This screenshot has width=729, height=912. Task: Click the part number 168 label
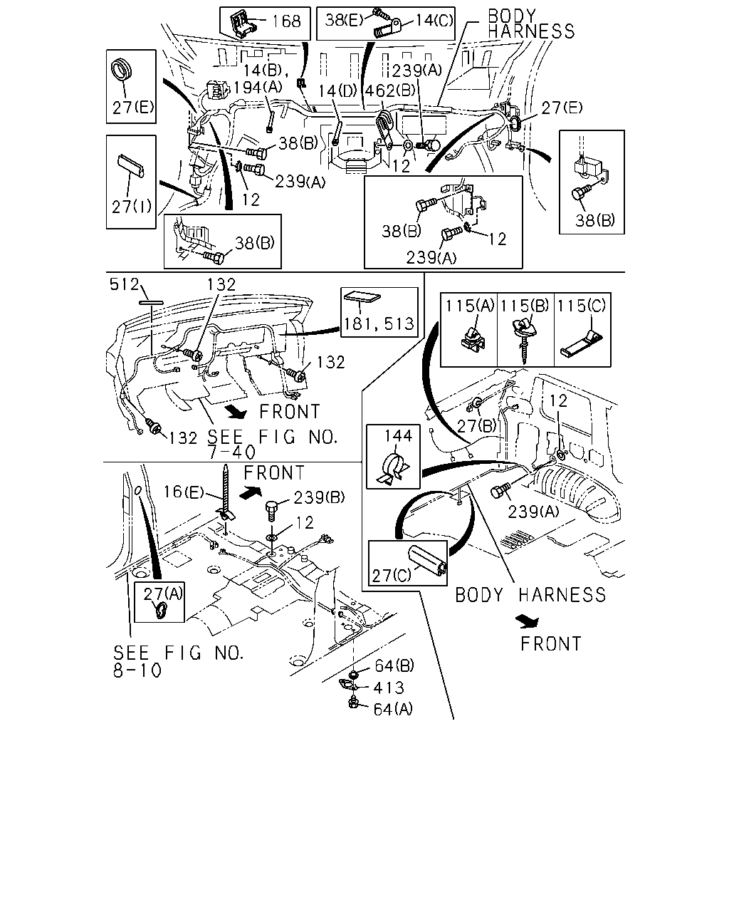point(286,21)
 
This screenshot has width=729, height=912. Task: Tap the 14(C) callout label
point(434,20)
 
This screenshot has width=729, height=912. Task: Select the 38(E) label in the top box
point(344,20)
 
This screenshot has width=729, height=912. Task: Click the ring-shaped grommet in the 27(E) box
point(122,70)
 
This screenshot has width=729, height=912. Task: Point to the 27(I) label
point(131,207)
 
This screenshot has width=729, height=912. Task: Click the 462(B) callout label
point(390,90)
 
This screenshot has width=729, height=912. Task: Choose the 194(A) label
point(258,88)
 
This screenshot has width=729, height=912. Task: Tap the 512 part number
point(125,284)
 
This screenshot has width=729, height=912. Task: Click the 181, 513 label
point(379,324)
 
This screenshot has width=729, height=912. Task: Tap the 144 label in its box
point(398,435)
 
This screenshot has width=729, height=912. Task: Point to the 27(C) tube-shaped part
point(427,559)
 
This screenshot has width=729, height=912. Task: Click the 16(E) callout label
point(184,492)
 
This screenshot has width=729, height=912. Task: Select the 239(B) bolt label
point(319,497)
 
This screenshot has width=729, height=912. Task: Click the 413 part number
point(389,688)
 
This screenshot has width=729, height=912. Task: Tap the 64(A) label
point(393,709)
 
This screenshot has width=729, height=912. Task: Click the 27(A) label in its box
point(162,594)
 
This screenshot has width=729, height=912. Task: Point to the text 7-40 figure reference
point(231,453)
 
